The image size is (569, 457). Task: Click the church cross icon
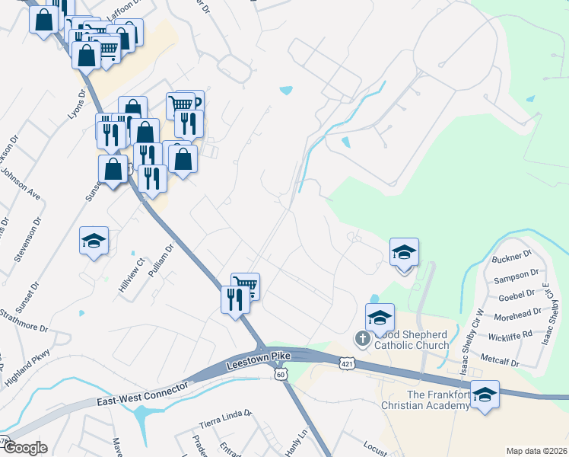coord(363,337)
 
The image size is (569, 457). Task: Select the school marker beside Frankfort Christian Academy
coord(485,395)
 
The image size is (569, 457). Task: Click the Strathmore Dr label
coord(24,320)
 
